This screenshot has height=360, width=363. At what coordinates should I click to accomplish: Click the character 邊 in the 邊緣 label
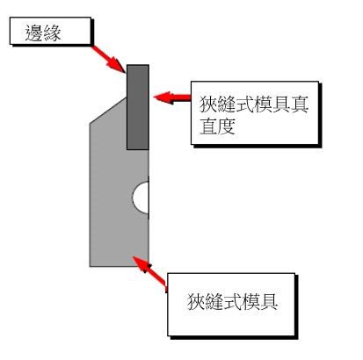(33, 32)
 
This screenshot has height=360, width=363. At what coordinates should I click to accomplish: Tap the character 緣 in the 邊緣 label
(52, 32)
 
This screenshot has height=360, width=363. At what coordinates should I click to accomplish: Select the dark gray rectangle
(138, 107)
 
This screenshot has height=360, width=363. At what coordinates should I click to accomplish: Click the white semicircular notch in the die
(141, 198)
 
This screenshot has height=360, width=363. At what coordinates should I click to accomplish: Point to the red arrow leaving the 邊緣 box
(108, 59)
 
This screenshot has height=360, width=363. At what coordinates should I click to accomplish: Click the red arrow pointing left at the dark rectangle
(172, 97)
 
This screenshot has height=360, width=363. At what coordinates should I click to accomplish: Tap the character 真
(300, 104)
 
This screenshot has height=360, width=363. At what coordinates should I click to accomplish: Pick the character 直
(208, 126)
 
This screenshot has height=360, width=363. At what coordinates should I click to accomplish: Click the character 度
(227, 126)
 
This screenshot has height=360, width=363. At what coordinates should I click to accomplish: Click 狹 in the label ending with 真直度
(208, 104)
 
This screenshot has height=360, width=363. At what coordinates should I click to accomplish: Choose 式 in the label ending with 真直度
(245, 104)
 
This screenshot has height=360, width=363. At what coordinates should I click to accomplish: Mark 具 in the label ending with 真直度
(281, 104)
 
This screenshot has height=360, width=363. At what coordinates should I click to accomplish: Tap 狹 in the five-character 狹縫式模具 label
(196, 301)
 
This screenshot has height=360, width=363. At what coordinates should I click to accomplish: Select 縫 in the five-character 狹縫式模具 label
(214, 301)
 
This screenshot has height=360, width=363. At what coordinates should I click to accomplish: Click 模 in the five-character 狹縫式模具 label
(250, 301)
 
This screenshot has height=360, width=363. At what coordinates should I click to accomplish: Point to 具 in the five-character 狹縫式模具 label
(268, 301)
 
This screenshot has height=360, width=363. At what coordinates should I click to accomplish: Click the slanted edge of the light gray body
(108, 111)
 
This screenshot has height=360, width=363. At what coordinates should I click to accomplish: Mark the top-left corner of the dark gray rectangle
(127, 65)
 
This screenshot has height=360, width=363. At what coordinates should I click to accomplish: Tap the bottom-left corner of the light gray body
(90, 266)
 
